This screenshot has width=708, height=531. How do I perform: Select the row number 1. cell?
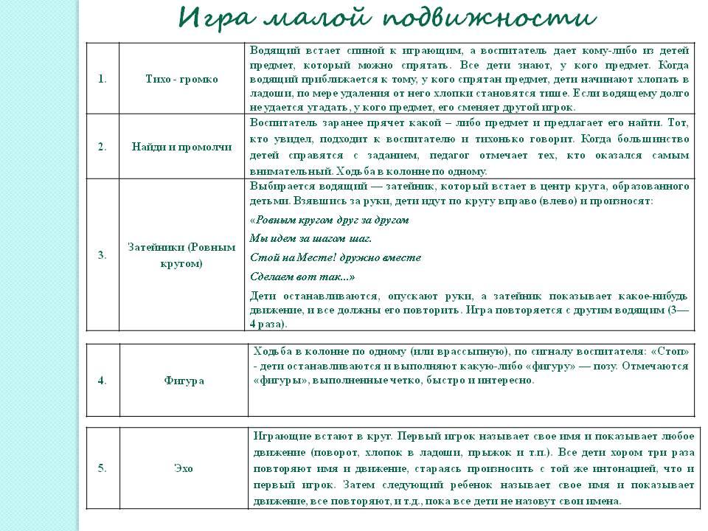pyautogui.click(x=102, y=79)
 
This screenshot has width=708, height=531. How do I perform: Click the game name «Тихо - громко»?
pyautogui.click(x=181, y=79)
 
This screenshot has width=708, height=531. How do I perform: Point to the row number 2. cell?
pyautogui.click(x=102, y=146)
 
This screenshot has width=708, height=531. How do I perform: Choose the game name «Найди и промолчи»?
pyautogui.click(x=181, y=146)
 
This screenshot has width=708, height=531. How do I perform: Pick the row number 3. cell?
pyautogui.click(x=102, y=255)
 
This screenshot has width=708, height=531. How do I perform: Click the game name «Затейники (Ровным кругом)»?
pyautogui.click(x=181, y=255)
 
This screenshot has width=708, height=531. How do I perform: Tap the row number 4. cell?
pyautogui.click(x=102, y=381)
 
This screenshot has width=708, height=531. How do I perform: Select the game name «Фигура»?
pyautogui.click(x=184, y=381)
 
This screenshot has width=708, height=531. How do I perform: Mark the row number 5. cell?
pyautogui.click(x=102, y=468)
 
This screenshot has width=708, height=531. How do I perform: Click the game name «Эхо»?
pyautogui.click(x=184, y=468)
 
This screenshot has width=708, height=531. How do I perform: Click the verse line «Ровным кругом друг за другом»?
pyautogui.click(x=330, y=220)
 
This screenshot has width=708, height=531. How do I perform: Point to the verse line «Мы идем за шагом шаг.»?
pyautogui.click(x=311, y=238)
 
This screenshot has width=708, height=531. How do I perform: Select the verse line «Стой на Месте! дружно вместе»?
pyautogui.click(x=336, y=257)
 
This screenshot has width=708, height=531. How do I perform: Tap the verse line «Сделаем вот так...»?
pyautogui.click(x=302, y=277)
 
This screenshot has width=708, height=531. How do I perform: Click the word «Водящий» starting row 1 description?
pyautogui.click(x=272, y=50)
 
